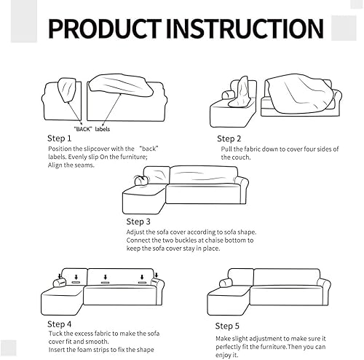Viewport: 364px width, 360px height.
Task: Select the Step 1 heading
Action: tap(60, 138)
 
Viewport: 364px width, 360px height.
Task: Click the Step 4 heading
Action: tap(60, 323)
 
